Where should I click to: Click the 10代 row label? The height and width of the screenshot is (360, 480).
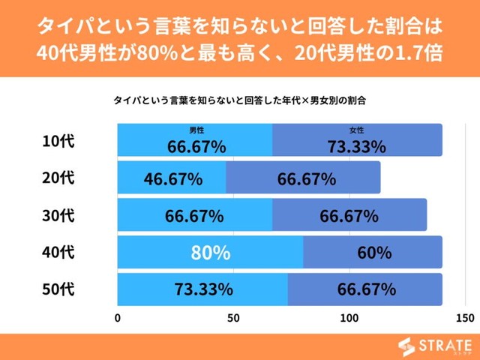coord(59,141)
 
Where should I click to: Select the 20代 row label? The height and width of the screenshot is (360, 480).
coord(59,178)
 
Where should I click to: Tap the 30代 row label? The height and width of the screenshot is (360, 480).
coord(59,216)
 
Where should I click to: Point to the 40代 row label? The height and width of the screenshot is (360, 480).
coord(59,253)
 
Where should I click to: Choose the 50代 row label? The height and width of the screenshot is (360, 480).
coord(59,289)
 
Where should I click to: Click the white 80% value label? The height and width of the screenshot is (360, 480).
coord(210,253)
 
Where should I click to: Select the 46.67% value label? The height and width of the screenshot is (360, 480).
coord(172,179)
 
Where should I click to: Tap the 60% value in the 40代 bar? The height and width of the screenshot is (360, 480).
coord(373,253)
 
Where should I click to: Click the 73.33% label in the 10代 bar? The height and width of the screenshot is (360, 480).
coord(356,146)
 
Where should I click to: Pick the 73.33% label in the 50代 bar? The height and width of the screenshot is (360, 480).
coord(203,289)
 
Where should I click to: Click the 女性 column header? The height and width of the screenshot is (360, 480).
coord(356,130)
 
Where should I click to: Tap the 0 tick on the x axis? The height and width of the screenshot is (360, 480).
coord(118,318)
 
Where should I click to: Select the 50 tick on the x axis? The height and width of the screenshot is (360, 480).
coord(233,318)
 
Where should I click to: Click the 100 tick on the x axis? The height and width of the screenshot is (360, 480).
coord(349,318)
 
